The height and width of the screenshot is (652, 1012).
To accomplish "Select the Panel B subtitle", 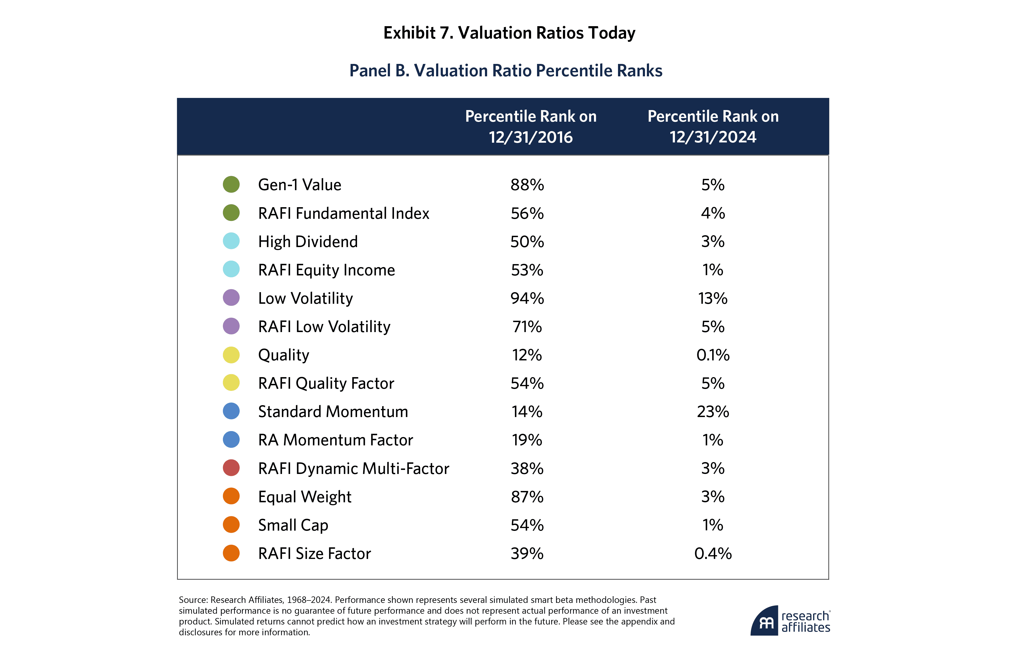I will (x=505, y=71).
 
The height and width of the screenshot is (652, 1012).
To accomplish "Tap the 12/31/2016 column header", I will (x=531, y=127).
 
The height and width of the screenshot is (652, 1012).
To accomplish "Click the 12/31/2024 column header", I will (x=713, y=127).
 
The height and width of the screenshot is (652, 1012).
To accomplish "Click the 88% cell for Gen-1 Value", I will (x=527, y=185).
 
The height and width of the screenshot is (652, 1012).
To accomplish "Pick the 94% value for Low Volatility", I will (x=527, y=298).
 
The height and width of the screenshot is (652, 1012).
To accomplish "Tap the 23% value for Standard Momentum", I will (x=713, y=412).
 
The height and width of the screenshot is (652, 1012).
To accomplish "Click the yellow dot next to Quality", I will (x=231, y=355).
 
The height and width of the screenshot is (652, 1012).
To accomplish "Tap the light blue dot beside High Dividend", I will (x=231, y=241).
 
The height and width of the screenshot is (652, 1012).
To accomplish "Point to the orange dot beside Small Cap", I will (x=231, y=525).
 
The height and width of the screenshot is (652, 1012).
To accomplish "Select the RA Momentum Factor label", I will (x=335, y=440).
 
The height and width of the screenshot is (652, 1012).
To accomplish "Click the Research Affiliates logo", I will (x=790, y=621).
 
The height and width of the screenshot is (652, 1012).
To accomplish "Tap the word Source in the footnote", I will (x=193, y=600).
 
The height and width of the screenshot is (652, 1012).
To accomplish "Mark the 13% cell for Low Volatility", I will (x=713, y=298).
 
